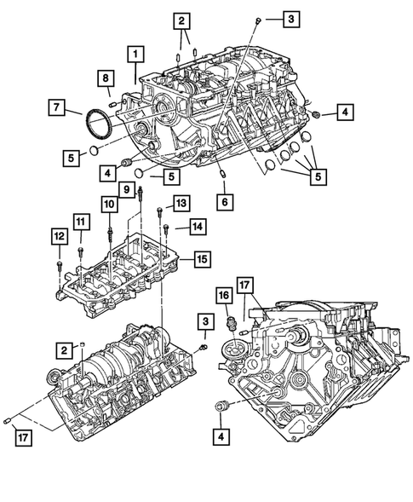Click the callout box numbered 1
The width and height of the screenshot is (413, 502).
pyautogui.click(x=135, y=55)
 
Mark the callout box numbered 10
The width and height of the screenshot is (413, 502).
pyautogui.click(x=110, y=204)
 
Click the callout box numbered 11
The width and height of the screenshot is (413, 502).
pyautogui.click(x=80, y=222)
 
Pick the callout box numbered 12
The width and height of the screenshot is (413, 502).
pyautogui.click(x=58, y=236)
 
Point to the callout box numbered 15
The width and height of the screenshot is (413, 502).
pyautogui.click(x=201, y=257)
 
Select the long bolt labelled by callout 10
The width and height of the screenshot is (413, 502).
pyautogui.click(x=111, y=231)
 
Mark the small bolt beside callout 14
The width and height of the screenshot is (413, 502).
pyautogui.click(x=167, y=228)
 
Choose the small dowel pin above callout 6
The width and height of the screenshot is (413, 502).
pyautogui.click(x=222, y=176)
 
